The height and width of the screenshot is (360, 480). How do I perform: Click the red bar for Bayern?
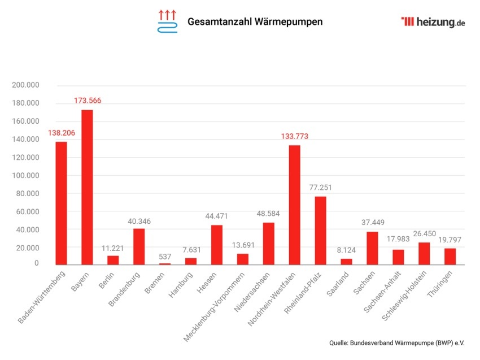click(x=87, y=187)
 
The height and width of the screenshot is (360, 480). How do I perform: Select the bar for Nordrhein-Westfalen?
click(x=294, y=205)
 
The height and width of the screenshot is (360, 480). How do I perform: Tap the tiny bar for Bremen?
click(x=165, y=263)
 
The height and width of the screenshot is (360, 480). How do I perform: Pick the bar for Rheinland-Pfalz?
click(x=320, y=230)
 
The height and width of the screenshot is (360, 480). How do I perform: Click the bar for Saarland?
click(x=346, y=261)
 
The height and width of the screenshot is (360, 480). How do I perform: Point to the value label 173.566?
click(x=88, y=101)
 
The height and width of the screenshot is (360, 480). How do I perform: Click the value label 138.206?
click(x=62, y=132)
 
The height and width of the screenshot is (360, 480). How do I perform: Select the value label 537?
click(x=165, y=257)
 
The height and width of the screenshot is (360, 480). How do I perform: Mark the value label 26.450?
click(x=424, y=233)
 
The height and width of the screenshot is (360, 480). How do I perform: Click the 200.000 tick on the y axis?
click(x=25, y=85)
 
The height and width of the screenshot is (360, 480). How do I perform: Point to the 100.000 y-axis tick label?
click(x=25, y=176)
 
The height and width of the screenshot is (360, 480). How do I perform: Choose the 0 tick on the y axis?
click(x=36, y=263)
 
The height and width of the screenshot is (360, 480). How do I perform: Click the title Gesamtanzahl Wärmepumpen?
click(x=255, y=22)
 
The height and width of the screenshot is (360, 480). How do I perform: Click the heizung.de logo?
click(x=433, y=22)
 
